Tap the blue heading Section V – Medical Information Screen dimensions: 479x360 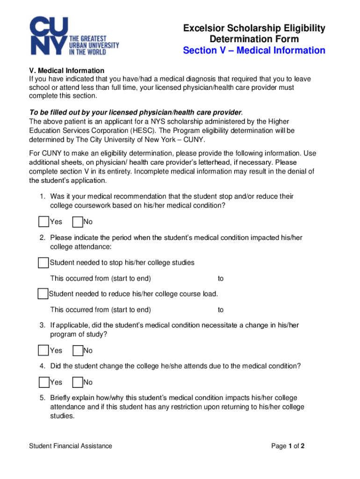(x=254, y=50)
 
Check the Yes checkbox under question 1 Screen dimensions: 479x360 (x=44, y=221)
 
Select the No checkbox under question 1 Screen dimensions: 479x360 (x=78, y=221)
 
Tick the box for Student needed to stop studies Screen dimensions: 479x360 (x=43, y=262)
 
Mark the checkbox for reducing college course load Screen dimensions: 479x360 (x=43, y=294)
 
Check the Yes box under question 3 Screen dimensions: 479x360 (x=44, y=350)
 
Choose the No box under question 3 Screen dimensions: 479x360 (x=78, y=350)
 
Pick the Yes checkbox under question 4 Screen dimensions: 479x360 (x=44, y=382)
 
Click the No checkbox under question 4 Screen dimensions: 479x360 (x=78, y=382)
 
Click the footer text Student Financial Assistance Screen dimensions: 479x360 (x=71, y=446)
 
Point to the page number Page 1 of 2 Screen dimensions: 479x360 (x=288, y=446)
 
